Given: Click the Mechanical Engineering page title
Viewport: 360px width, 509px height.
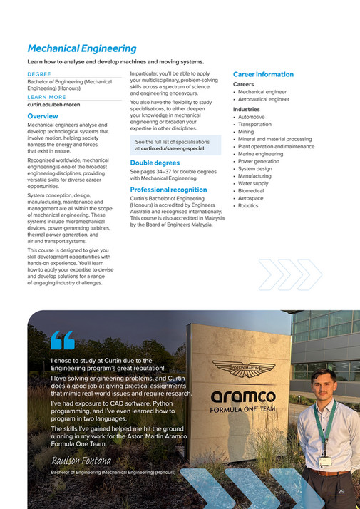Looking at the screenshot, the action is tap(81, 48).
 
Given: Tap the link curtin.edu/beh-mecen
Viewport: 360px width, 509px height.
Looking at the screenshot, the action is tap(54, 104).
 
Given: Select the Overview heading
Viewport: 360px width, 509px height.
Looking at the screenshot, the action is tap(43, 115).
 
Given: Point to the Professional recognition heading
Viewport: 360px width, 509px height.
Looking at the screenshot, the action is tap(168, 190).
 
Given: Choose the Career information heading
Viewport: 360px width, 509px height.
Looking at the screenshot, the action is tap(263, 74).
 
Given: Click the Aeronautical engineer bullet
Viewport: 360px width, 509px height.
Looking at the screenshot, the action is tap(263, 100).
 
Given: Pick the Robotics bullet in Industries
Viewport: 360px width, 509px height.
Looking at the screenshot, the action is tap(250, 205).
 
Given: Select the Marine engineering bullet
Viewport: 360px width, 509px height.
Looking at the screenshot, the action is tap(260, 154).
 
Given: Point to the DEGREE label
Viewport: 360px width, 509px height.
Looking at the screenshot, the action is tap(39, 74).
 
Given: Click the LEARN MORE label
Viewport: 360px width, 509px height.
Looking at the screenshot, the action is tap(46, 97).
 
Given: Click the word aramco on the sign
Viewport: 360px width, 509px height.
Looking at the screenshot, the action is tap(242, 396).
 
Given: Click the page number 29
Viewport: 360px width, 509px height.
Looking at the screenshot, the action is tap(341, 492).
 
